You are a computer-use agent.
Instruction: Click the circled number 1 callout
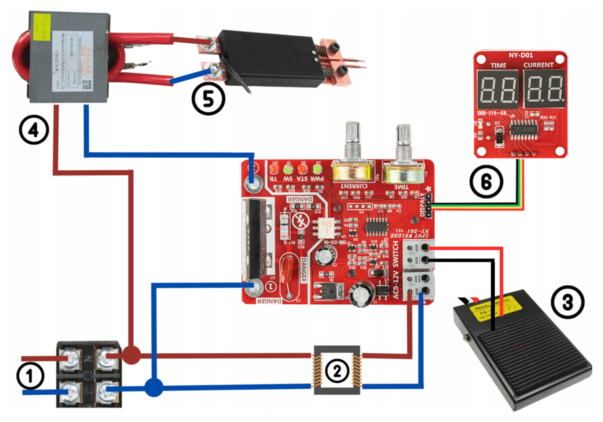[30, 376]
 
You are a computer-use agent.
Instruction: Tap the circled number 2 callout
[337, 371]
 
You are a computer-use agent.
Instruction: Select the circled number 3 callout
[567, 302]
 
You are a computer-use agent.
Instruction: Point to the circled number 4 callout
[34, 130]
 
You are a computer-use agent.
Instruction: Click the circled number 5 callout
[208, 98]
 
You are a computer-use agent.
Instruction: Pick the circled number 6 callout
[486, 182]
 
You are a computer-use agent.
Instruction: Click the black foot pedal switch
[523, 354]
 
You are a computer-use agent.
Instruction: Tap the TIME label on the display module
[498, 65]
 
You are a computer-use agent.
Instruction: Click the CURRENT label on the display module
[538, 65]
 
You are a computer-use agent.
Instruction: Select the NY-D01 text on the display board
[521, 55]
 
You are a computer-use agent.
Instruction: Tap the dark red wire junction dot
[131, 355]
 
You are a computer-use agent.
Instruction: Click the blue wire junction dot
[154, 387]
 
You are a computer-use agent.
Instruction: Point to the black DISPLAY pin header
[429, 205]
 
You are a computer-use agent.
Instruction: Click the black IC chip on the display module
[523, 129]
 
